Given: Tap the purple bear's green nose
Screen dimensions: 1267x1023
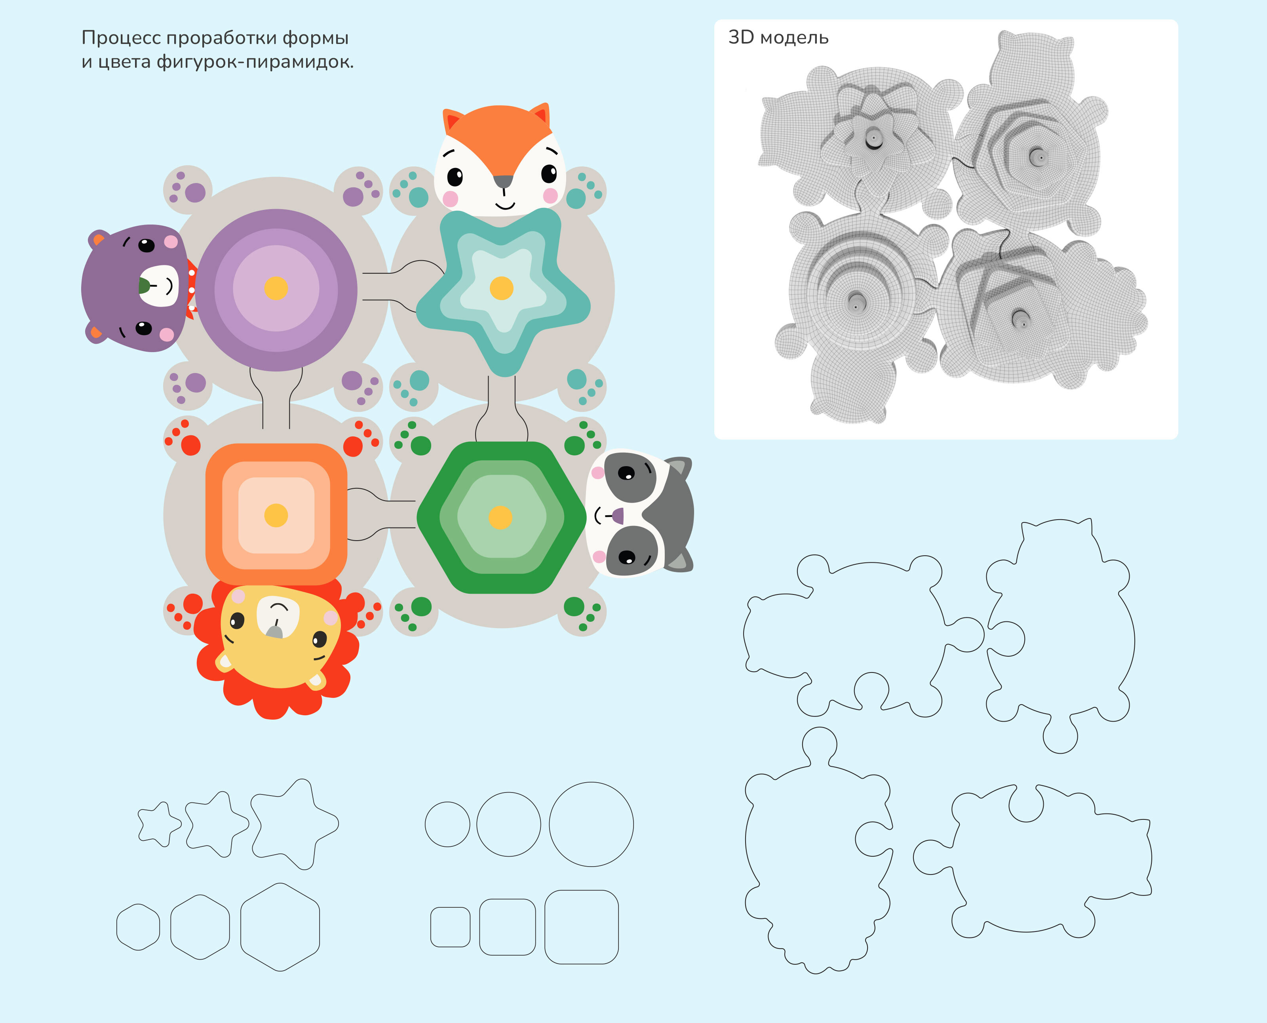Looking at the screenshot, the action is point(144,286).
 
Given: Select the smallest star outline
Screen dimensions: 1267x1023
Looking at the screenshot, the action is point(158,824).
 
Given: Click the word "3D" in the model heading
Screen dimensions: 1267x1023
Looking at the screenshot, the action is point(741,37).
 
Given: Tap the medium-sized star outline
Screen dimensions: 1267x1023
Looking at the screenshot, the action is point(216,824).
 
